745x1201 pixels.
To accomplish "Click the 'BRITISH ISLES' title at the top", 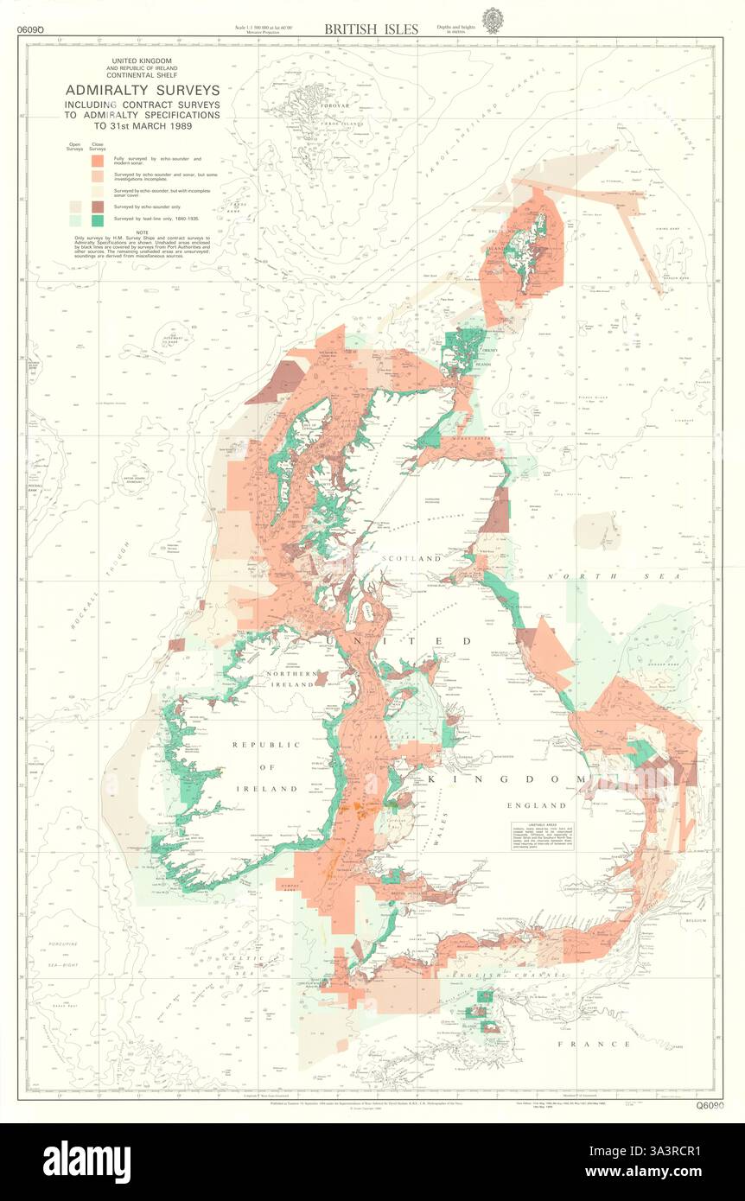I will (x=371, y=29).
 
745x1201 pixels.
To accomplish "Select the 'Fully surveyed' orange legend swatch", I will (x=98, y=160).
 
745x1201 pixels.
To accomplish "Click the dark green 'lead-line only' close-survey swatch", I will (x=98, y=221).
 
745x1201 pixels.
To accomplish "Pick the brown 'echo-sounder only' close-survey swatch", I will (x=98, y=207).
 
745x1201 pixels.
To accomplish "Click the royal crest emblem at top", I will (x=492, y=20).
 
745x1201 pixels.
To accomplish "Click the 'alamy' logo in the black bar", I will (x=86, y=1158).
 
